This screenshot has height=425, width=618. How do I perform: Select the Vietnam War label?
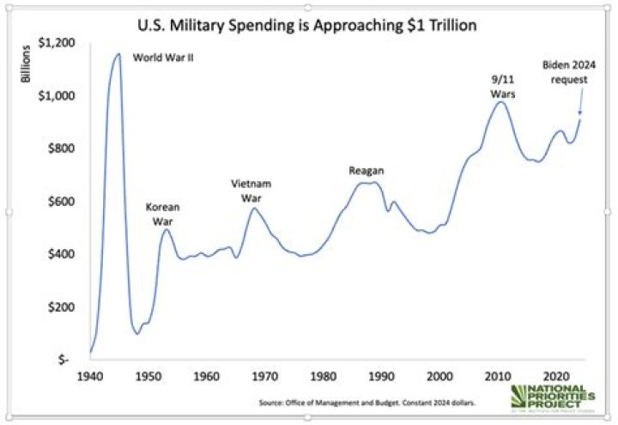tap(251, 191)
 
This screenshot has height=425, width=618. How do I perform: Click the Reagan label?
tap(366, 170)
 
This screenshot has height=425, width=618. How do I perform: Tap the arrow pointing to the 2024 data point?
tap(580, 103)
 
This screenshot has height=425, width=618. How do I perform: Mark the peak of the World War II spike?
tap(118, 54)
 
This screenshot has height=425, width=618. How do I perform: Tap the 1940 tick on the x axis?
tap(90, 376)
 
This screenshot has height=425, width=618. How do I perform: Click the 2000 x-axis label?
tap(439, 376)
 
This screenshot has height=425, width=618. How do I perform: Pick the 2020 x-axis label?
tap(556, 376)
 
